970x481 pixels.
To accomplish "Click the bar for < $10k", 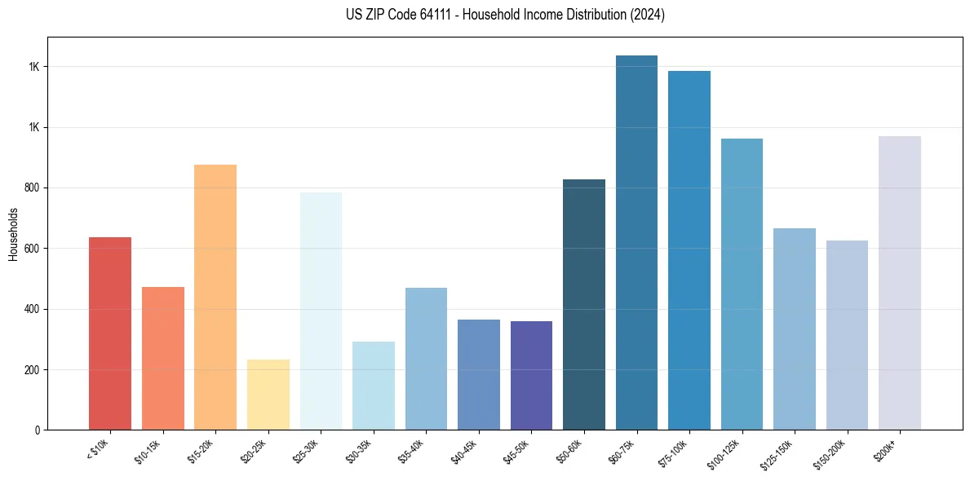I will [110, 333].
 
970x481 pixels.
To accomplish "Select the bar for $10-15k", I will [162, 358].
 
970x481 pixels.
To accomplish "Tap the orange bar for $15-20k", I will [215, 297].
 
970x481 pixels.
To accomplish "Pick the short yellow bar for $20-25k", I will [268, 395].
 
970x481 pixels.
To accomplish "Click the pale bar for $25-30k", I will [321, 311].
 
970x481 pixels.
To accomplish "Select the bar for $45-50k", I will [531, 375].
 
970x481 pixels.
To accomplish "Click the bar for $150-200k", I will [847, 335].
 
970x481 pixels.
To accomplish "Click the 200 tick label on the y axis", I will [33, 369].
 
